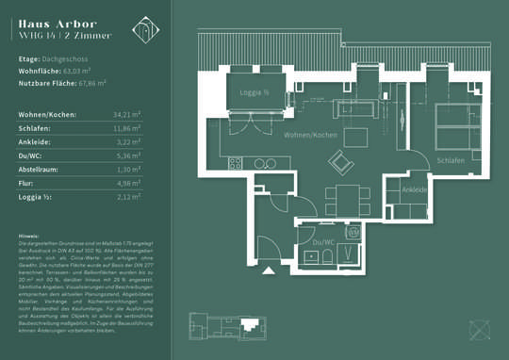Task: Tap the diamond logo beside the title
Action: [145, 29]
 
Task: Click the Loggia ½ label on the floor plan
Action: [254, 92]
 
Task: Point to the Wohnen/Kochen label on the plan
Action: [310, 136]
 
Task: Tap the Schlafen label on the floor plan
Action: [451, 161]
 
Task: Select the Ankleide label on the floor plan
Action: [415, 189]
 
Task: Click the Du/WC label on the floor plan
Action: [311, 242]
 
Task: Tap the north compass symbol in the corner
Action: [482, 330]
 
